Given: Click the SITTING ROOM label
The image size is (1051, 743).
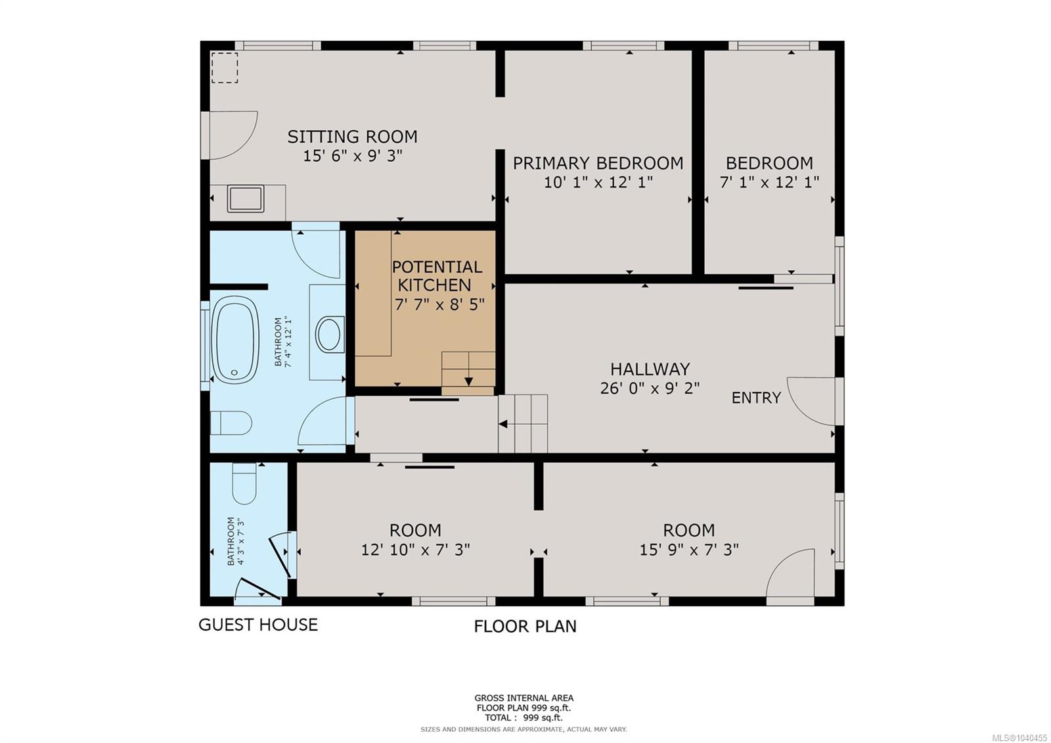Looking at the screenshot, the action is tap(352, 137).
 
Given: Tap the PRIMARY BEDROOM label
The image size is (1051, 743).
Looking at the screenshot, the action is tap(598, 163).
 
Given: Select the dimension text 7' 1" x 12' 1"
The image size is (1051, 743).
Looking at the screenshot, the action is tap(769, 181).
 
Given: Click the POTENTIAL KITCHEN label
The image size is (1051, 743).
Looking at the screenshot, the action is tap(437, 276).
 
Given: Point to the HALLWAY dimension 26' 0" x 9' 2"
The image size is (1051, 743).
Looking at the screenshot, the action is tap(650, 389).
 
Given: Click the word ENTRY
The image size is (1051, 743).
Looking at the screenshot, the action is tap(756, 398).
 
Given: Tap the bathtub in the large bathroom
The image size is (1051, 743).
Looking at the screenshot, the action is tap(236, 339).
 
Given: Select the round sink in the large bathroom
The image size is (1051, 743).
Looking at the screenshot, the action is tap(328, 335).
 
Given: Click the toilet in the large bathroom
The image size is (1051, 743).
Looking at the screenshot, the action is tap(231, 423).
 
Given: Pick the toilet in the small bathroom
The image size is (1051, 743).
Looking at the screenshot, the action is tap(244, 483).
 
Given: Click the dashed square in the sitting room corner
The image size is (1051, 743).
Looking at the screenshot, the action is tap(225, 68).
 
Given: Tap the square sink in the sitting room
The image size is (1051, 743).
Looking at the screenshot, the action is tap(246, 199).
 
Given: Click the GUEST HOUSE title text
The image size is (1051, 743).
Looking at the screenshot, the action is tap(258, 625).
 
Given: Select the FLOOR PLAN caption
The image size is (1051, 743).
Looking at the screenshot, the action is tap(525, 627).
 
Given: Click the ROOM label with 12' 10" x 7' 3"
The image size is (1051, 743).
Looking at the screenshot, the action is tap(415, 530).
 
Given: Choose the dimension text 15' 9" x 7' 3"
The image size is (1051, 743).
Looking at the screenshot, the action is tap(689, 550).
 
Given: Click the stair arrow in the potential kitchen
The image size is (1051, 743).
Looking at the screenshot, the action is tap(468, 381).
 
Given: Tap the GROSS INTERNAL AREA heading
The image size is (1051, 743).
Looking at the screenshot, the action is tap(524, 698).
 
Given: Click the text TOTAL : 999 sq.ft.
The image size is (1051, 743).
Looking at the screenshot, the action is tap(524, 717).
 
